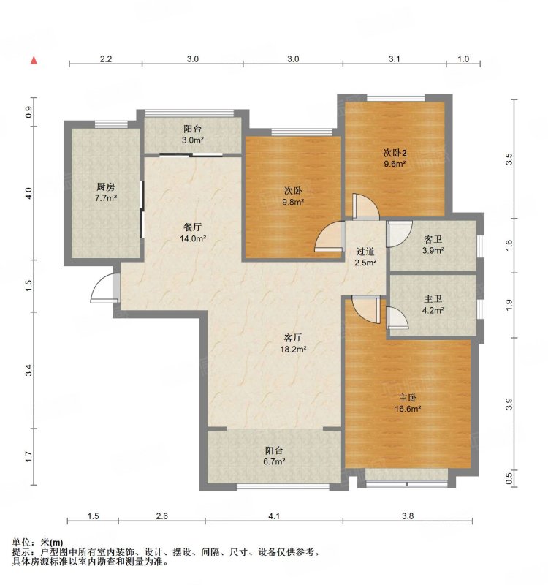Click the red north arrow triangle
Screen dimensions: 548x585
(x=34, y=60)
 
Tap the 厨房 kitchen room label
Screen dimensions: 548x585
(x=106, y=187)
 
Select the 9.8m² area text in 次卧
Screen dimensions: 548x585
(x=293, y=203)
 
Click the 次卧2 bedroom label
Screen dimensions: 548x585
(x=395, y=153)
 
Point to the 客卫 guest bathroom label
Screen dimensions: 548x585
(x=433, y=239)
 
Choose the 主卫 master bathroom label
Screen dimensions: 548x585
(x=433, y=299)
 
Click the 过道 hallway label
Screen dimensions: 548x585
(x=365, y=252)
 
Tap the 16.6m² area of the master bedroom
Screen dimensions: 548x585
(x=408, y=409)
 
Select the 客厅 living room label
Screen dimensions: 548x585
(x=293, y=338)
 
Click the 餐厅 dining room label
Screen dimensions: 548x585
(x=193, y=227)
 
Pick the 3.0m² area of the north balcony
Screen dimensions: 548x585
(x=193, y=140)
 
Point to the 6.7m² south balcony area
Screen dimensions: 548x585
(x=275, y=461)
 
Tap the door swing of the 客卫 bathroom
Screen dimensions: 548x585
(x=399, y=234)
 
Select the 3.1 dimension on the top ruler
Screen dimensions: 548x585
(x=395, y=59)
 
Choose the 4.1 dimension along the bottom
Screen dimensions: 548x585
(x=274, y=516)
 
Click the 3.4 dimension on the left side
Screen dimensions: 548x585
(x=29, y=370)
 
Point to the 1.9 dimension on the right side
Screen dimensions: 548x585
(x=509, y=305)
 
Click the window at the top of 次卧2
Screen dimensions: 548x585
(x=395, y=98)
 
